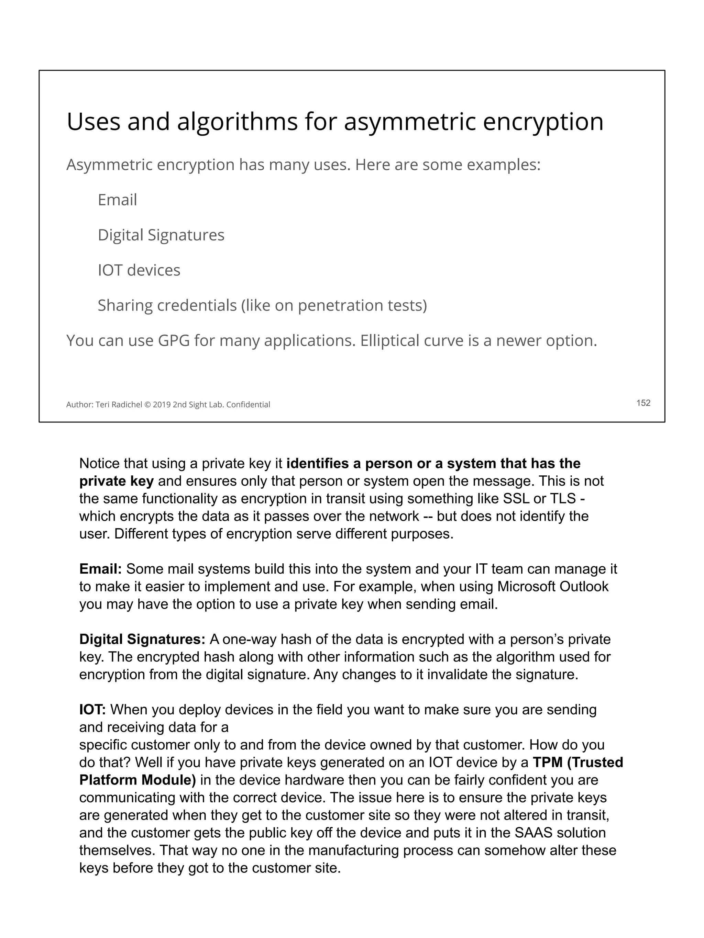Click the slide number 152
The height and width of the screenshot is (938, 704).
click(x=643, y=403)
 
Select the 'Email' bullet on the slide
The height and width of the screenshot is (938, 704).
click(x=117, y=200)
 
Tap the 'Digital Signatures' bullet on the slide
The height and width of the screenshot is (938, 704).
click(x=161, y=235)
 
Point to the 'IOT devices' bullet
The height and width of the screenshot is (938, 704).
click(x=139, y=270)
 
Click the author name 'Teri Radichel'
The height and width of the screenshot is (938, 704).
click(x=119, y=405)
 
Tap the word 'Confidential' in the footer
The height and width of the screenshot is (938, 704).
click(x=248, y=405)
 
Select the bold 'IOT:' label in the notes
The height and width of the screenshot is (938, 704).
click(x=92, y=710)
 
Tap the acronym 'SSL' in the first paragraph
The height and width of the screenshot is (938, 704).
click(x=516, y=499)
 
